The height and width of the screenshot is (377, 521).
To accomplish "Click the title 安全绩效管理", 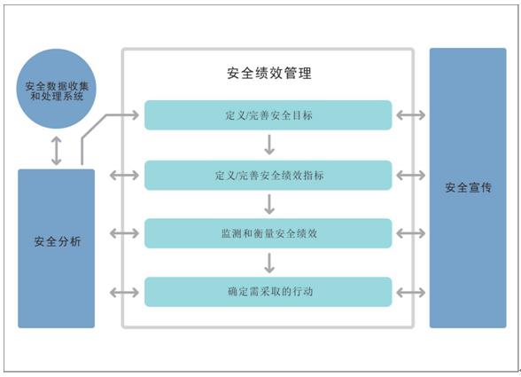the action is click(x=269, y=74).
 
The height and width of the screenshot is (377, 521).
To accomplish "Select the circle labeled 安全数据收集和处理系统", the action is click(x=56, y=89).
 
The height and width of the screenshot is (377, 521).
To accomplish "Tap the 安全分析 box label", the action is click(x=57, y=241).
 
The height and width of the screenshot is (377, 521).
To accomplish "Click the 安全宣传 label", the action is click(x=468, y=188).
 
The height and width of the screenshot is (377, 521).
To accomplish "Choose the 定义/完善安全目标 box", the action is click(x=268, y=115).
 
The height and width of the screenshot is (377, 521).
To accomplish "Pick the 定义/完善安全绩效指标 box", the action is click(x=268, y=176).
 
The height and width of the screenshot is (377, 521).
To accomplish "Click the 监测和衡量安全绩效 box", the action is click(x=268, y=233).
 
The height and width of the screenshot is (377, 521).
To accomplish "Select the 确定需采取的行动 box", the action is click(x=268, y=292).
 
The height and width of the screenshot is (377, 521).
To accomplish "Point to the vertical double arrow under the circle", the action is click(x=56, y=151).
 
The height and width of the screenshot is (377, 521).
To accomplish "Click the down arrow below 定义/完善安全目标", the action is click(x=269, y=145).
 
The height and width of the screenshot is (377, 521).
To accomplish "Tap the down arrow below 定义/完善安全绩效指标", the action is click(x=269, y=204).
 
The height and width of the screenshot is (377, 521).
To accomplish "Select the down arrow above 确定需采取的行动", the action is click(x=269, y=263).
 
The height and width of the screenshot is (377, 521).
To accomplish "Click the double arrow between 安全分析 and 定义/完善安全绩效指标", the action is click(x=124, y=176).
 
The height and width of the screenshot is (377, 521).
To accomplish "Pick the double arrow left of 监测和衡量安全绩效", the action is click(x=124, y=233).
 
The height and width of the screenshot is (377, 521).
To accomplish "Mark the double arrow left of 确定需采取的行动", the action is click(x=124, y=293).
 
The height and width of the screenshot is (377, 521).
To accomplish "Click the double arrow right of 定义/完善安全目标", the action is click(x=411, y=115).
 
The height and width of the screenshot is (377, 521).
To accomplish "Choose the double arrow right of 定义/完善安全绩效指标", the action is click(x=411, y=176).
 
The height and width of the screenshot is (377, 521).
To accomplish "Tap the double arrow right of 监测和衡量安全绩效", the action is click(x=411, y=233).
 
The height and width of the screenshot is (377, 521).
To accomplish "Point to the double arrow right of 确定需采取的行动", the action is click(x=411, y=293).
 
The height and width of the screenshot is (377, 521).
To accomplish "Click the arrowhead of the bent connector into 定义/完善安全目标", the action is click(x=136, y=115).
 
